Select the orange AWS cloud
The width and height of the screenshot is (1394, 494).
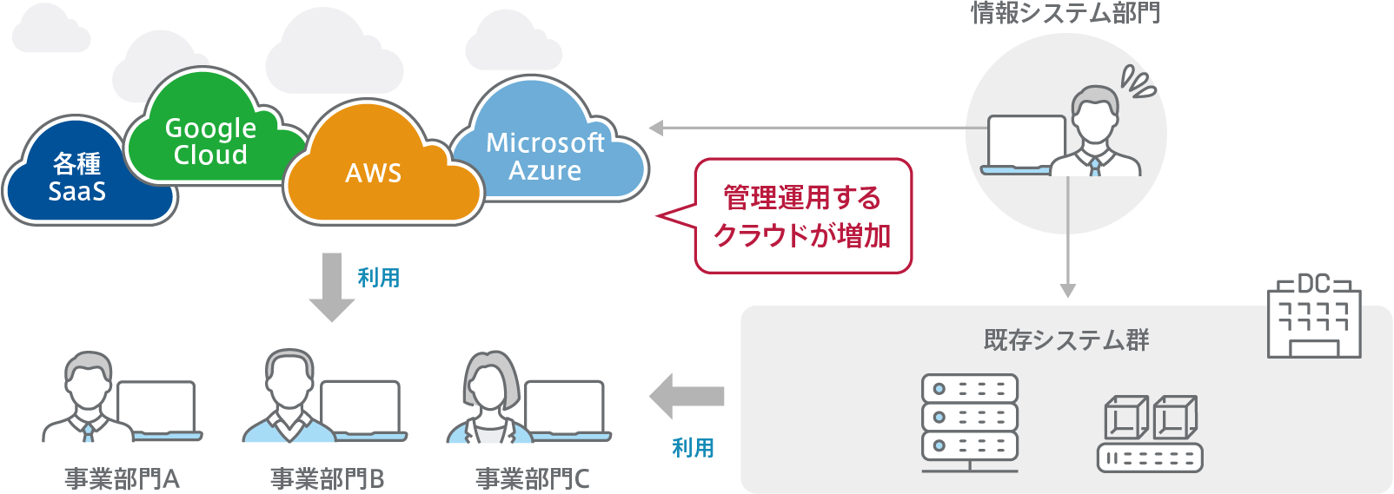(x=374, y=174)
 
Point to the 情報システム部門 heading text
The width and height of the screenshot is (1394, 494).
(x=1065, y=12)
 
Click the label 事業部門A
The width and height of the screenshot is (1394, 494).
(x=122, y=478)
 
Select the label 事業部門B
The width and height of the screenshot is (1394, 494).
(x=327, y=478)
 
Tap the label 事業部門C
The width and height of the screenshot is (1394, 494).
(x=532, y=478)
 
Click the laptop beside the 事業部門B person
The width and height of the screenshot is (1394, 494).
(x=360, y=408)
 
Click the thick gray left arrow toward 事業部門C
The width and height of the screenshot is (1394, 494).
(x=687, y=397)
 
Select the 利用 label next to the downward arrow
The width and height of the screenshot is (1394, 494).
(x=379, y=278)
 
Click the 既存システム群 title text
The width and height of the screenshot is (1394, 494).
(x=1066, y=339)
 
